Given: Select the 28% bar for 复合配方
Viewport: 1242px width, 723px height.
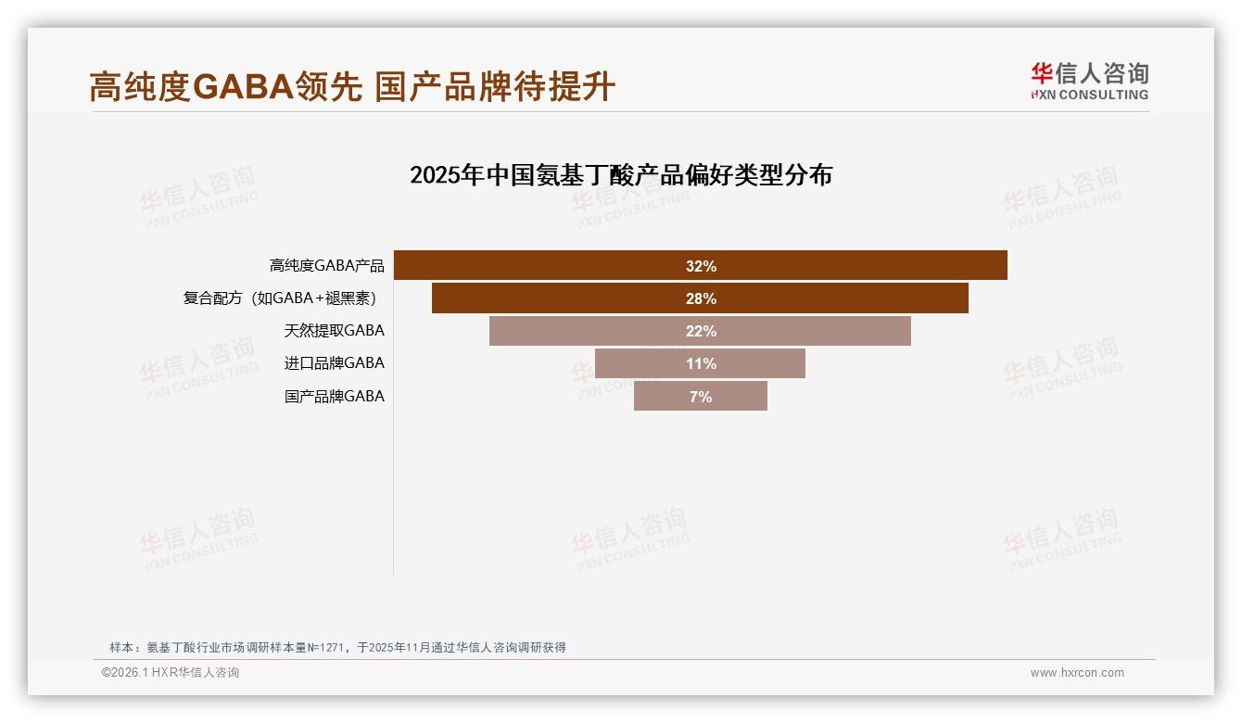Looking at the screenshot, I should coord(556,298).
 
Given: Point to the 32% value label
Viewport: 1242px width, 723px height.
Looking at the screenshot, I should coord(701,266).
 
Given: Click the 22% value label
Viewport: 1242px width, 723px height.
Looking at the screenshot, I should coord(701,331).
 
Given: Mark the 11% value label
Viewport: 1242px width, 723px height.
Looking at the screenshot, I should coord(701,363).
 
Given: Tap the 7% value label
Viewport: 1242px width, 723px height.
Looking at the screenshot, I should coord(701,397).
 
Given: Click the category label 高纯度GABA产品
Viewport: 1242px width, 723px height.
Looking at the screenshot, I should coord(326,266).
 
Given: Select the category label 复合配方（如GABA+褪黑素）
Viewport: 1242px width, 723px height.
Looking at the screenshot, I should coord(283,298).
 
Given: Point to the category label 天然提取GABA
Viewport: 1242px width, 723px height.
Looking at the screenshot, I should coord(334,331).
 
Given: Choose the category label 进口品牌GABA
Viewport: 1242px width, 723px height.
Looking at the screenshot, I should coord(334,363).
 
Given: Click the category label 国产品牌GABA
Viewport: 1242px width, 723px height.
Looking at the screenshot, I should coord(334,397).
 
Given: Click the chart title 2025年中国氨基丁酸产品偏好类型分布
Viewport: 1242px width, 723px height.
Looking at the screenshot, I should coord(621,175).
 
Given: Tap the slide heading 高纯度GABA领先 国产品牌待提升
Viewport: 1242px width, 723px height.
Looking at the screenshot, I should coord(352,87).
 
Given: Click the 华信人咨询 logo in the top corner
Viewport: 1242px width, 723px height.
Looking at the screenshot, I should coord(1089,81).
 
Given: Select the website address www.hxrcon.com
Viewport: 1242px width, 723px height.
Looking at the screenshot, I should coord(1077,673).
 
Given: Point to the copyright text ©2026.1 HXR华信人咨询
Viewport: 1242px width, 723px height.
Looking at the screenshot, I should coord(171,673).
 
